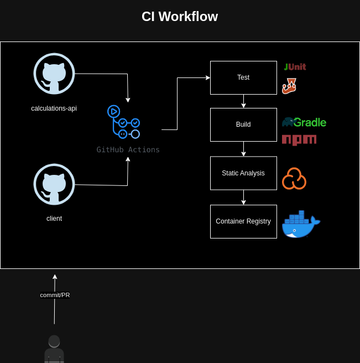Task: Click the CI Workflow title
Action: click(180, 17)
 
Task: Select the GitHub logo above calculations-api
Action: click(54, 74)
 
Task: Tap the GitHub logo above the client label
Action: click(54, 184)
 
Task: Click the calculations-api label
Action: click(54, 108)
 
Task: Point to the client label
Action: click(54, 219)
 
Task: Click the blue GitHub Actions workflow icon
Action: click(123, 122)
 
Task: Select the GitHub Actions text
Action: click(128, 149)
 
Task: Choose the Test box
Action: click(243, 77)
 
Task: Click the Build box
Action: click(243, 125)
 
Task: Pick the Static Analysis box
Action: click(243, 173)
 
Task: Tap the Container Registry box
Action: click(243, 221)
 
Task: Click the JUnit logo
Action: click(295, 67)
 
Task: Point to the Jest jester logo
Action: click(289, 86)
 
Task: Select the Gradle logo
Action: click(304, 122)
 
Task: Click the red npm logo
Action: click(299, 140)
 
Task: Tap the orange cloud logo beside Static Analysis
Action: click(294, 179)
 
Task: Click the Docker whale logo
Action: click(301, 224)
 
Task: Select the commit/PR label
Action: click(55, 295)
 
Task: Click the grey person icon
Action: click(54, 349)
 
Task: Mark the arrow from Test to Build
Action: click(243, 101)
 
